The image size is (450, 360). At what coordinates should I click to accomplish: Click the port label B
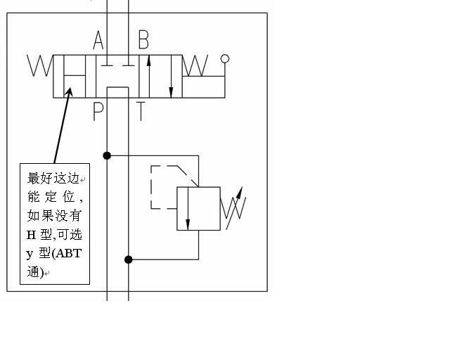tap(143, 40)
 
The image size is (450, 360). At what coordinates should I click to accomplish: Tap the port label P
tap(98, 112)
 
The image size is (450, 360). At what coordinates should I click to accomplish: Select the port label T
tap(141, 112)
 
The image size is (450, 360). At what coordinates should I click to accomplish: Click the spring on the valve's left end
tap(40, 66)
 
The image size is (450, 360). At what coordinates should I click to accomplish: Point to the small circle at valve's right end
tap(225, 58)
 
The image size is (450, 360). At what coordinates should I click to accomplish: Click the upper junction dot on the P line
tap(107, 155)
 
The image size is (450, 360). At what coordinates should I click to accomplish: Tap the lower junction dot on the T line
tap(129, 259)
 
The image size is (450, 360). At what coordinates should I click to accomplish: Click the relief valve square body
tap(198, 208)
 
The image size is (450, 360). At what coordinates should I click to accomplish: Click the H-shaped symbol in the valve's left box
tap(74, 75)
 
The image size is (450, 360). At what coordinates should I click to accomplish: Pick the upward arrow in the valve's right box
tap(149, 74)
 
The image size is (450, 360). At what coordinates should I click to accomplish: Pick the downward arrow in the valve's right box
tap(171, 77)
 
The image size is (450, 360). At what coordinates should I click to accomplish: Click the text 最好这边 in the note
tap(53, 178)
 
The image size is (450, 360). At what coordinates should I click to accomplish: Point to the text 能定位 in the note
tap(53, 197)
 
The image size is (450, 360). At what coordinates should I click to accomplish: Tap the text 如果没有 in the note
tap(53, 216)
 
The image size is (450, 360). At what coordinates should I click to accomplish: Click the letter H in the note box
tap(32, 235)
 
